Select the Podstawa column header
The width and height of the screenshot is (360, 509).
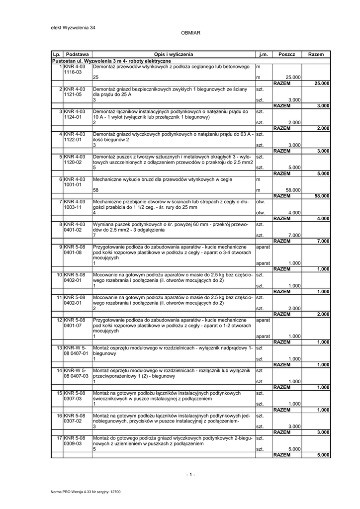[x=77, y=54]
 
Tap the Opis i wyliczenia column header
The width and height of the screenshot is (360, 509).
[x=173, y=54]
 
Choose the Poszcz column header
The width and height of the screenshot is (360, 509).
[x=287, y=54]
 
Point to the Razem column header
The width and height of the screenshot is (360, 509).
[x=316, y=54]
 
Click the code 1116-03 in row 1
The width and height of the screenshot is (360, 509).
[x=73, y=72]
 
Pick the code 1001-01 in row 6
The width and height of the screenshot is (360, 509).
[x=73, y=184]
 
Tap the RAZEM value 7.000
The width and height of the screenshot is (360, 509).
[x=323, y=241]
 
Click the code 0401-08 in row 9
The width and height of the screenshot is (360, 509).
[x=73, y=252]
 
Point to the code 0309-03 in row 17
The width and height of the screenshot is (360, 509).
[x=73, y=443]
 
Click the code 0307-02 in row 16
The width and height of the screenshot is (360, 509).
[x=73, y=421]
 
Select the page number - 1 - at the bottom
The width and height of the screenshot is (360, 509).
[x=191, y=475]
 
